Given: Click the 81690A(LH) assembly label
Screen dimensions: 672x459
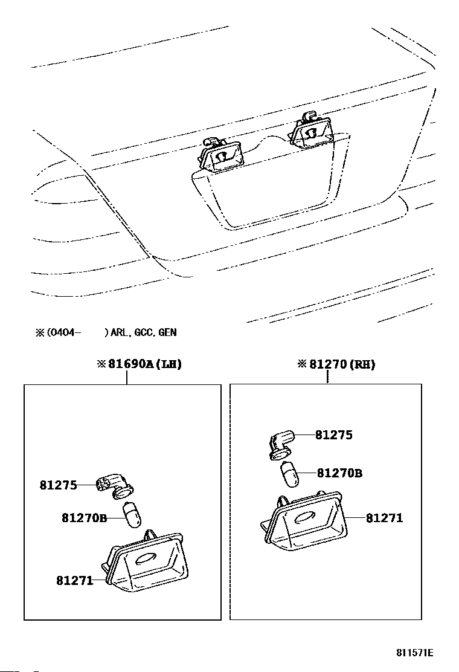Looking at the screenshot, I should tap(144, 364).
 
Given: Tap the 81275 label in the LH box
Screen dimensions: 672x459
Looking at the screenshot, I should tap(59, 485).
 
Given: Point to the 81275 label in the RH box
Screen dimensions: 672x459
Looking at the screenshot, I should tap(334, 435).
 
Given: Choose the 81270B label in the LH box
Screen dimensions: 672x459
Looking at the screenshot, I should tap(84, 517).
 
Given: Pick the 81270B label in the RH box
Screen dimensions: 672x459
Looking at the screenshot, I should tap(339, 473).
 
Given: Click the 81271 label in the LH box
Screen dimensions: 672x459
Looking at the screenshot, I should tap(75, 581).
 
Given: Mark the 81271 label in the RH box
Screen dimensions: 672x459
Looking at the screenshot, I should tap(385, 518).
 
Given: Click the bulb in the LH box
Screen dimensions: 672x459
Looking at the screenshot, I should tap(131, 515).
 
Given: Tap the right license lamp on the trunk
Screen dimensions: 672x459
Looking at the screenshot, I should tap(312, 131).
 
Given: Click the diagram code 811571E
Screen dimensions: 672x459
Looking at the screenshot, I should tap(415, 653).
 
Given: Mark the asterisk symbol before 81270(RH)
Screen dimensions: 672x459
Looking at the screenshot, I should tap(302, 364).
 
